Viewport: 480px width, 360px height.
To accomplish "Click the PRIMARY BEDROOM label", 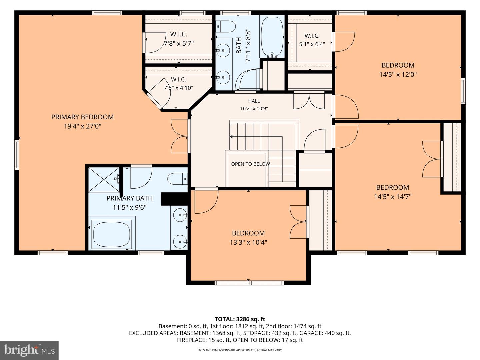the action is [82, 117].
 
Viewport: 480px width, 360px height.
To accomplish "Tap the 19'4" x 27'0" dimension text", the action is [82, 126].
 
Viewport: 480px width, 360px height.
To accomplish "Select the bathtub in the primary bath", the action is [112, 234].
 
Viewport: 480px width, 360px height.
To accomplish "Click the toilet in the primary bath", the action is [178, 179].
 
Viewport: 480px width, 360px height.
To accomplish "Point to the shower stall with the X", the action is [104, 179].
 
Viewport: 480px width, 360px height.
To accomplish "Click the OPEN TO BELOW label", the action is [250, 164].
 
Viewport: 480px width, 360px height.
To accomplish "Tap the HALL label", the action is [254, 101].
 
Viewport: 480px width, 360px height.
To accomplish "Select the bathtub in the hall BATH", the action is [272, 37].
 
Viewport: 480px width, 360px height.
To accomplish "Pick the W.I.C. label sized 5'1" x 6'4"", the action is [312, 36].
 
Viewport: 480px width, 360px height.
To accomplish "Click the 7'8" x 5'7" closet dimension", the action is [179, 43].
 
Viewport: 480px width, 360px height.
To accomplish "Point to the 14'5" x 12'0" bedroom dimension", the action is [398, 75].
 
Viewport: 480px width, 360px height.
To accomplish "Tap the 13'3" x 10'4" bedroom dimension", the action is [248, 242].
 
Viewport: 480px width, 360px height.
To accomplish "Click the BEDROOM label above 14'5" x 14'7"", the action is [393, 187].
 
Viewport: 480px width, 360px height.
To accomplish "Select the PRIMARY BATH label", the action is [129, 198].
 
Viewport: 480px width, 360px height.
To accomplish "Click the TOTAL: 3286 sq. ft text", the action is [240, 319].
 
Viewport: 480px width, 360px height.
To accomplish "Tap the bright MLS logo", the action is [29, 350].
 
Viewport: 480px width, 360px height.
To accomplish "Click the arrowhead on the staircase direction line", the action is [231, 137].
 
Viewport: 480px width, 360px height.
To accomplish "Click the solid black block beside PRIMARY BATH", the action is [175, 199].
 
